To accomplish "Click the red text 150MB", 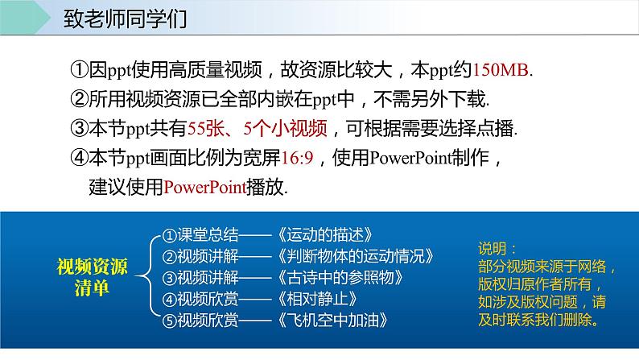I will pos(505,70).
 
